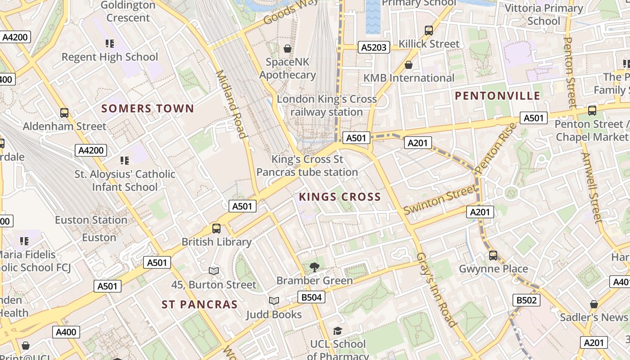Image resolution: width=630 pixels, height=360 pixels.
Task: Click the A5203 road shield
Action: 374,47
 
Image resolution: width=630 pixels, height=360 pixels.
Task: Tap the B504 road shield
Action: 311,297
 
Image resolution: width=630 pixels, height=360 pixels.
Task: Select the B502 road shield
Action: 526,300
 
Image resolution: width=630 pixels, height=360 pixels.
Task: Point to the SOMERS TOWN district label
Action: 148,108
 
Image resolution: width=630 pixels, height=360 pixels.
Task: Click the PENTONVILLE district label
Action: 497,95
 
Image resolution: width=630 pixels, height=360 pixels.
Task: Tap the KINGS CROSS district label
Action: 340,197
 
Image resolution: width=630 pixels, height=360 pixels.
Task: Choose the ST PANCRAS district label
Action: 199,305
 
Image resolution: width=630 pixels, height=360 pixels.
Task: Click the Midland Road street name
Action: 232,104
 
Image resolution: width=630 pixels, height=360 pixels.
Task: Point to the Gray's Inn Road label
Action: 436,289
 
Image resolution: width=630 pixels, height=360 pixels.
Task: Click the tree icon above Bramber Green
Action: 315,267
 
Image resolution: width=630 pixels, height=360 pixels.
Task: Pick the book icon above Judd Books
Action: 274,301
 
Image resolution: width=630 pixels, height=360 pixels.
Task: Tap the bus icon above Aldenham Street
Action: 64,113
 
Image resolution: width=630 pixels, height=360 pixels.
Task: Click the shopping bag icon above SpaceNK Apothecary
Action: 287,48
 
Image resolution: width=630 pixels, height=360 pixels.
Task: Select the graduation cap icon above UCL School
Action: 337,331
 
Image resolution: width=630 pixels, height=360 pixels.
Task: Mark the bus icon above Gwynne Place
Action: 493,256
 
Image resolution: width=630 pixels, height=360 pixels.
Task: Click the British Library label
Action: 216,242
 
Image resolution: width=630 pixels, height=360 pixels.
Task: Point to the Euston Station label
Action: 91,220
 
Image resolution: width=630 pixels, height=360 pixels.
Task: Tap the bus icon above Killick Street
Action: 429,31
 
